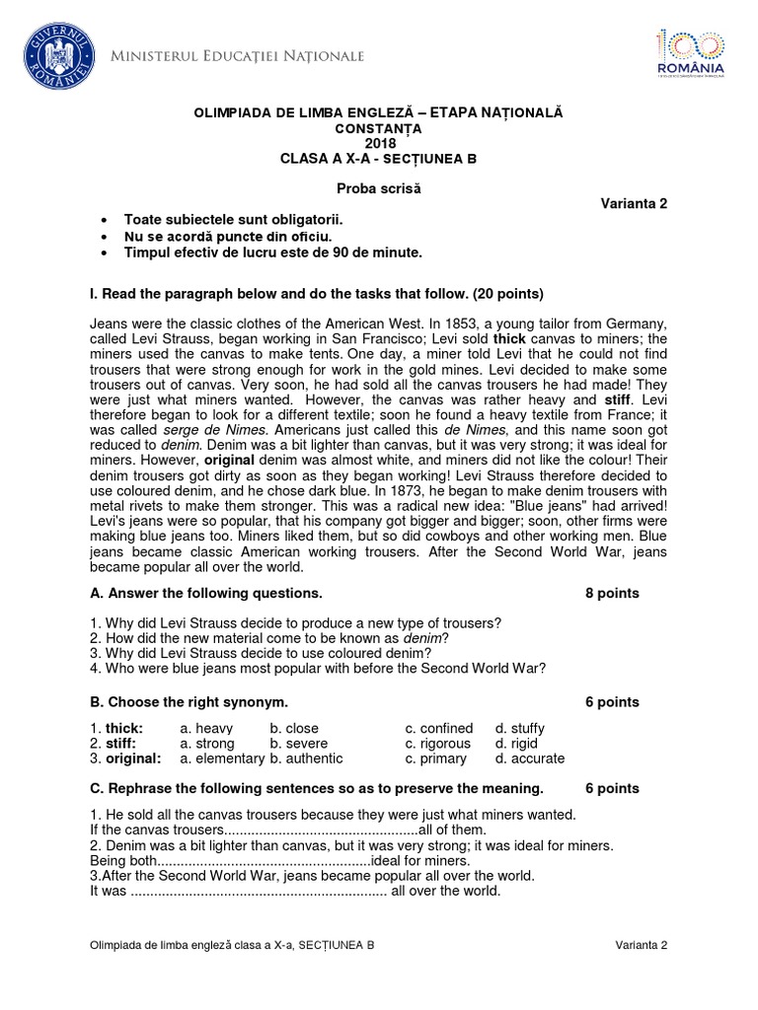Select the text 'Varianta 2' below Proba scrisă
click(635, 204)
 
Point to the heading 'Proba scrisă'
click(379, 188)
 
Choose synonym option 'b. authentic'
click(306, 758)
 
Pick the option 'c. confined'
click(439, 728)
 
